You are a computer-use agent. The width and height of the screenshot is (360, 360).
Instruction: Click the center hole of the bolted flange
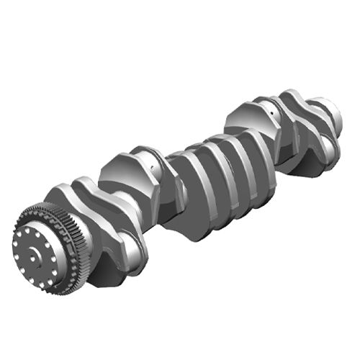pyautogui.click(x=34, y=253)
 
